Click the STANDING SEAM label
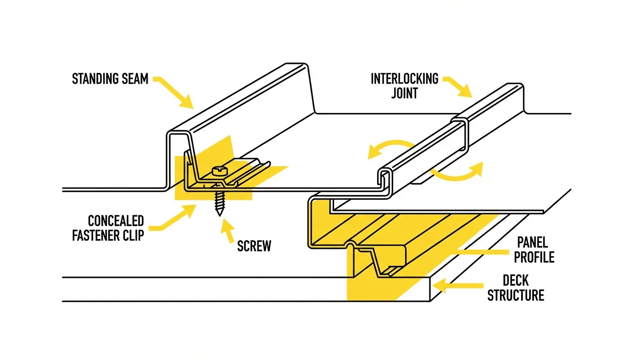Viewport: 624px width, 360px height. click(110, 79)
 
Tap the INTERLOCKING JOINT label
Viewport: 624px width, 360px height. click(404, 86)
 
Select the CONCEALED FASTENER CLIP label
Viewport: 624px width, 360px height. click(108, 228)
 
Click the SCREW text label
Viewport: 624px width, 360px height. click(254, 246)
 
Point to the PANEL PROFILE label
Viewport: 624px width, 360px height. click(534, 249)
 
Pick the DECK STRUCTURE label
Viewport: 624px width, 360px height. click(516, 287)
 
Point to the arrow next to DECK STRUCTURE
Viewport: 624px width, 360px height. click(459, 285)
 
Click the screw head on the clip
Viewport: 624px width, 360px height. click(219, 171)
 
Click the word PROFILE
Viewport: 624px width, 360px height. click(534, 257)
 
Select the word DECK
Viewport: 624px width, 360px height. click(516, 280)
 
